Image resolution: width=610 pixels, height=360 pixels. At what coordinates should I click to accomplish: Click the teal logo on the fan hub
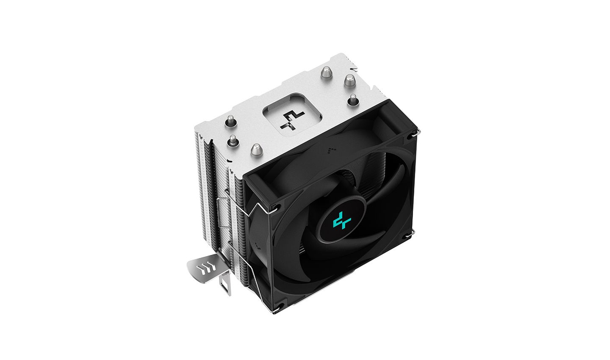click(x=340, y=221)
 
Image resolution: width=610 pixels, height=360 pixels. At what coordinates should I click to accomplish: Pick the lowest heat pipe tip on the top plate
click(x=255, y=150)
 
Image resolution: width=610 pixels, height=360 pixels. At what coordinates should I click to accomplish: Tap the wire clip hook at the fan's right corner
click(x=412, y=233)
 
